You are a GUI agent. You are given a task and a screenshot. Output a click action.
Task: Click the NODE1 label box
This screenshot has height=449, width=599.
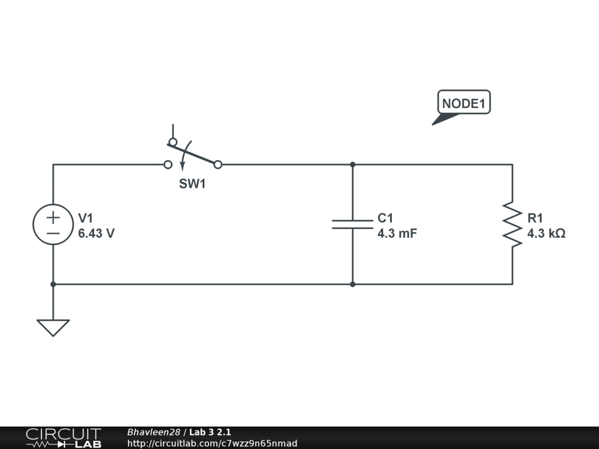point(464,103)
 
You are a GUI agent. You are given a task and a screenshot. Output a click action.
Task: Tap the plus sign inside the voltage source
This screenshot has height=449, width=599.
point(53,217)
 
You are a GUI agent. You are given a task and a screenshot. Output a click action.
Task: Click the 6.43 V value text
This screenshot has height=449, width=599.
point(97,234)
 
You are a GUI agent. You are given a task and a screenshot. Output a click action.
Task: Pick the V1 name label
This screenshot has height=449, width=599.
point(86,218)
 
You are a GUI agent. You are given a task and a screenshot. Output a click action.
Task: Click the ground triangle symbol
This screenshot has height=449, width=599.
point(53,327)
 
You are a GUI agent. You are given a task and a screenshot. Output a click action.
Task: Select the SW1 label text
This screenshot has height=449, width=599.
point(193,185)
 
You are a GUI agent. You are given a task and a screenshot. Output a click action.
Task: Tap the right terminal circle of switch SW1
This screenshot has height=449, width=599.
point(218,165)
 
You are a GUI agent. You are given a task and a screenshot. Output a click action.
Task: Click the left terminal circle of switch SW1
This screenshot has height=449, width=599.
point(168,165)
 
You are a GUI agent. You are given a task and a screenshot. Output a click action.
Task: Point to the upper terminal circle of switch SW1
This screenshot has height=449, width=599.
point(173,142)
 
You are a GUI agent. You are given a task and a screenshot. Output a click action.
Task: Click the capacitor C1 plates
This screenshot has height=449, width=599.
point(352,224)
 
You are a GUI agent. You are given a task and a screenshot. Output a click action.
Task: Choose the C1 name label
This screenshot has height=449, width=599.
point(385,218)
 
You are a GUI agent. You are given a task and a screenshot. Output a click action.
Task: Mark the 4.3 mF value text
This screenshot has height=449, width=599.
point(397,234)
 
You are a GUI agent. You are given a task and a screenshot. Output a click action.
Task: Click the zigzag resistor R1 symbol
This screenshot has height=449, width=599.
point(512,224)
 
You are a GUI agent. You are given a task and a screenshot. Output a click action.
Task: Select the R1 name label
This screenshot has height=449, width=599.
point(535,218)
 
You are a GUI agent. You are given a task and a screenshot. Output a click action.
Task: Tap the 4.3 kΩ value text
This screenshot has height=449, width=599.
point(546,234)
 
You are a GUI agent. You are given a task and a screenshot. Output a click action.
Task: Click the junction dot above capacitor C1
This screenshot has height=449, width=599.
point(352,165)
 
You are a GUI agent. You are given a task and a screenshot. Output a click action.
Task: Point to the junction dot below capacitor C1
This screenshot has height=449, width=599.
point(352,284)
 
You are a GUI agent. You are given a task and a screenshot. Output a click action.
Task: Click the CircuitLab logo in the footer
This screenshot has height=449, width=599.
point(63,438)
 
